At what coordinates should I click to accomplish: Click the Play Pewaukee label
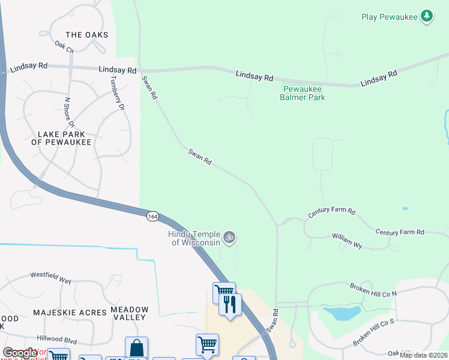click(389, 17)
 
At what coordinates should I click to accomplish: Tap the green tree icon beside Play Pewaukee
click(426, 16)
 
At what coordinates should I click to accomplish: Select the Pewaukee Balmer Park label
click(304, 93)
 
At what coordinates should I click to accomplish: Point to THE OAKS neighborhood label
click(87, 35)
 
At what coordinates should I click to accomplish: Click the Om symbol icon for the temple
click(229, 238)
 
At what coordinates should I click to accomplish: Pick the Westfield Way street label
click(51, 279)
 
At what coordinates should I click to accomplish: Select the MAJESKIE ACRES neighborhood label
click(69, 313)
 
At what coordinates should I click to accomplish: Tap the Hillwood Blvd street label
click(57, 340)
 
